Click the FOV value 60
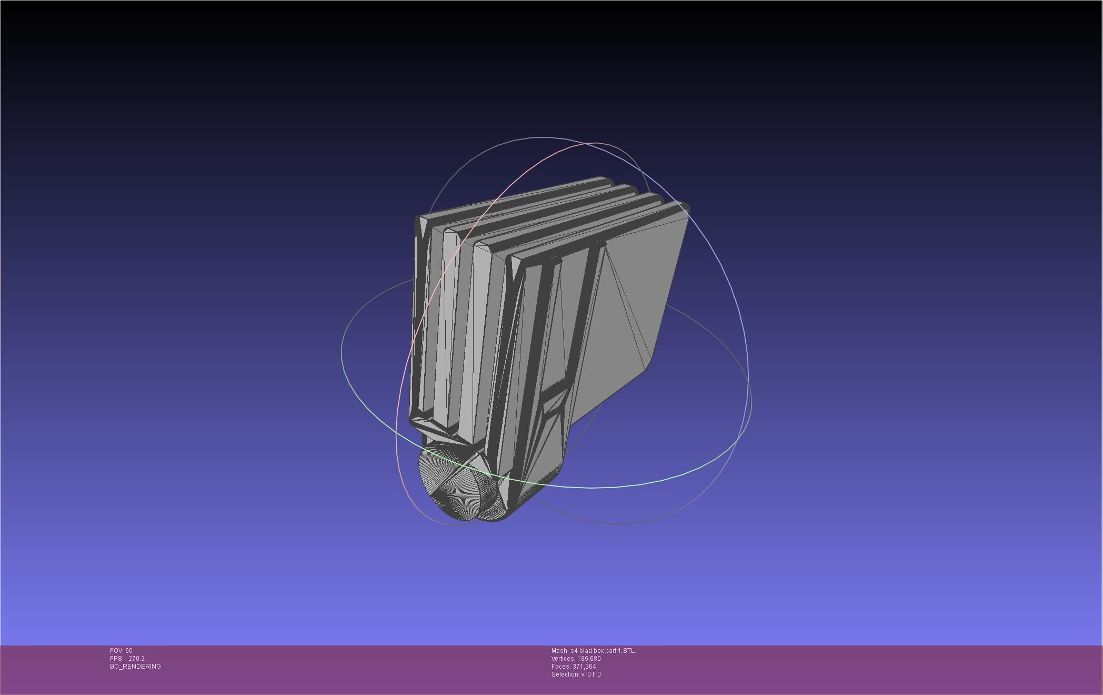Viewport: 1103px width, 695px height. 129,651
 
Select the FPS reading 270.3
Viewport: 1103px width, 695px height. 136,659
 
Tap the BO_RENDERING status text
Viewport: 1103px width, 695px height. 135,667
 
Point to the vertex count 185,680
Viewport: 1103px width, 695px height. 589,659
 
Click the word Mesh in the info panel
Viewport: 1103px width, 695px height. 559,651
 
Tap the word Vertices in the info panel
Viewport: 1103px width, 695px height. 563,659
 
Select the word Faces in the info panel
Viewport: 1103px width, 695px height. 560,667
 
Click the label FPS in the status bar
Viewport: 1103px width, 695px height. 116,659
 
